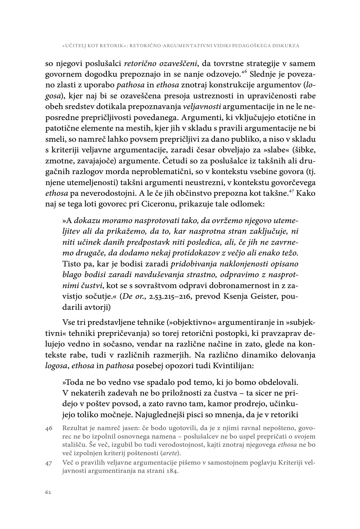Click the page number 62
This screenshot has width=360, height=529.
[x=48, y=492]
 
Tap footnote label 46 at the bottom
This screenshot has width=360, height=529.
[x=49, y=428]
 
